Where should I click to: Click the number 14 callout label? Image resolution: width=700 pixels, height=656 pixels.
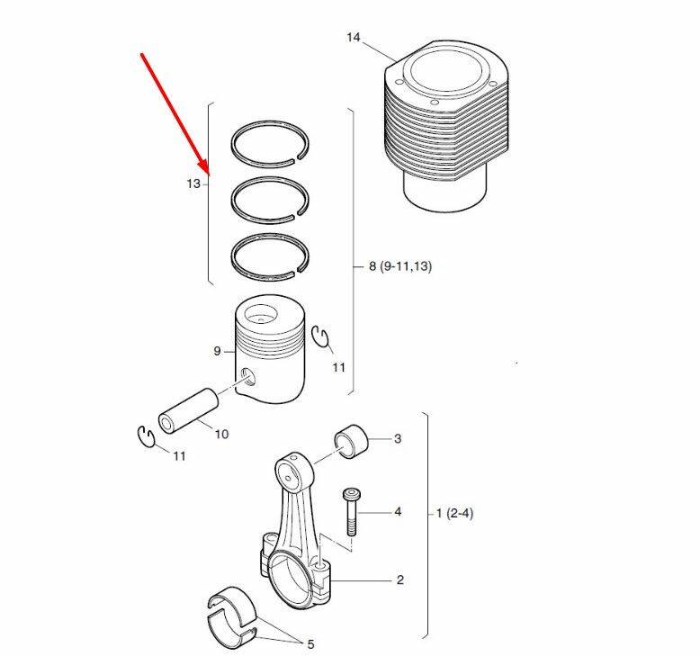pyautogui.click(x=353, y=37)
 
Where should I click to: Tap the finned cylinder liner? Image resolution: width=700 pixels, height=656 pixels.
pyautogui.click(x=446, y=125)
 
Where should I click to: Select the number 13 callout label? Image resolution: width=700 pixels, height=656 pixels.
pyautogui.click(x=193, y=184)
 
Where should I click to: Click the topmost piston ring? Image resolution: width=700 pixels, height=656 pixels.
pyautogui.click(x=271, y=144)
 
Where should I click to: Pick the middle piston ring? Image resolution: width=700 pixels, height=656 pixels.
pyautogui.click(x=271, y=200)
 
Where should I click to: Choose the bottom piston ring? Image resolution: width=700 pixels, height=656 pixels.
pyautogui.click(x=271, y=257)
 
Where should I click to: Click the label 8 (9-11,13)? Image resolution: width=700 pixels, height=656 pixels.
pyautogui.click(x=400, y=266)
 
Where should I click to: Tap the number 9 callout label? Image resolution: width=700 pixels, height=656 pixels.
pyautogui.click(x=217, y=351)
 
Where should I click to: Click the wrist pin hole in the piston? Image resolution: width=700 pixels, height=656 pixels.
pyautogui.click(x=247, y=377)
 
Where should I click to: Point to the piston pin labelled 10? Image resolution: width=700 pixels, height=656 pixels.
pyautogui.click(x=188, y=410)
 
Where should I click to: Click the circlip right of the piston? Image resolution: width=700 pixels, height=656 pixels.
pyautogui.click(x=320, y=336)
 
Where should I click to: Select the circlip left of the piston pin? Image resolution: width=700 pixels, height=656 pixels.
pyautogui.click(x=145, y=436)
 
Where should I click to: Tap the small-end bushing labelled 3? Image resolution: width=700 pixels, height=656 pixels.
pyautogui.click(x=351, y=441)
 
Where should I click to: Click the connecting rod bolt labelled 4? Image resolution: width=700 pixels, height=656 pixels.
pyautogui.click(x=351, y=512)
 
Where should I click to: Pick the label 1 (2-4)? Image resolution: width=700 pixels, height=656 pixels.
pyautogui.click(x=454, y=513)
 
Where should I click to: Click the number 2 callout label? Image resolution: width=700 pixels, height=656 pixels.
pyautogui.click(x=400, y=580)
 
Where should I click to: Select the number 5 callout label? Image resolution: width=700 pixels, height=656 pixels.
pyautogui.click(x=310, y=644)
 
